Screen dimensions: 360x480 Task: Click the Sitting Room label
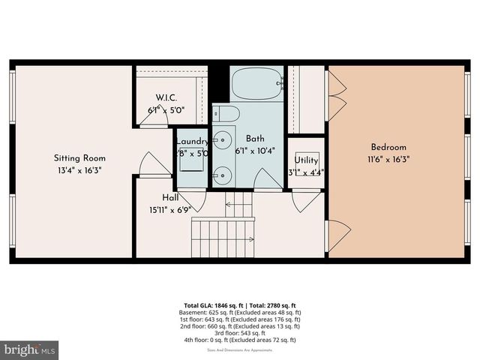click(x=79, y=158)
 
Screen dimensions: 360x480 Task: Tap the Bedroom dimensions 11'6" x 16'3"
click(x=388, y=159)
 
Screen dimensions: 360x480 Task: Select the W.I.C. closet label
click(x=166, y=97)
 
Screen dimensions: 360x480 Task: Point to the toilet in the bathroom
click(x=226, y=114)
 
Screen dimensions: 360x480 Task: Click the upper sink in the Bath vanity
click(x=223, y=139)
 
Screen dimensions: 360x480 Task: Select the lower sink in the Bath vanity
click(x=223, y=176)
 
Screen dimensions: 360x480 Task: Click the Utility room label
click(x=306, y=160)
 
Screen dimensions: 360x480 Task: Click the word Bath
click(x=256, y=139)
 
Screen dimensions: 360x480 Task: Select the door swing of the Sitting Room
click(x=151, y=164)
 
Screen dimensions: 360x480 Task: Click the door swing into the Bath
click(x=267, y=180)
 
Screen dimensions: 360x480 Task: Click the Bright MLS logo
click(x=30, y=349)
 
